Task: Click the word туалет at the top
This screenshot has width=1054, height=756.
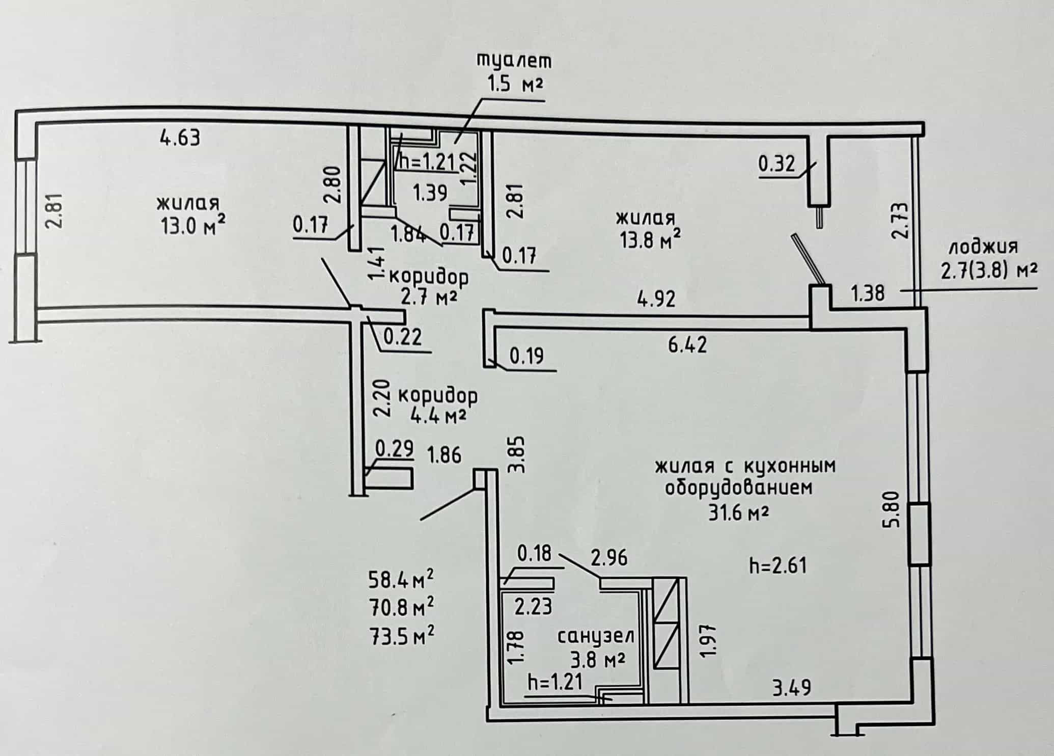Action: [x=513, y=61]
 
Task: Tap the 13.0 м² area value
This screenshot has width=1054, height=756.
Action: [x=193, y=225]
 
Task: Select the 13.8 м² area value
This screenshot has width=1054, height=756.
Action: [x=650, y=238]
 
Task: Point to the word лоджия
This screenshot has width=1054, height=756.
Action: [x=983, y=247]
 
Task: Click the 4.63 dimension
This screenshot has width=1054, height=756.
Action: [x=180, y=138]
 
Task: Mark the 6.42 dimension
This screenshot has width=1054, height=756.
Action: [x=687, y=345]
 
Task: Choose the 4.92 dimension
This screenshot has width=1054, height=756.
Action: [x=656, y=299]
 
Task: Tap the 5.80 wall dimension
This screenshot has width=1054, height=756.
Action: [x=895, y=509]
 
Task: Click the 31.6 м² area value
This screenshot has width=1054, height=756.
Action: [x=738, y=512]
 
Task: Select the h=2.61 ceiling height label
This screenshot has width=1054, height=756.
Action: [x=778, y=565]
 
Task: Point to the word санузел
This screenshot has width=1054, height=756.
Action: [x=596, y=637]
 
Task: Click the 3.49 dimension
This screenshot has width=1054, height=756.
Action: [x=792, y=689]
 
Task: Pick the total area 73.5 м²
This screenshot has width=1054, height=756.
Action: [x=401, y=636]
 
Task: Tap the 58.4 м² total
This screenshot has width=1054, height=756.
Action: [x=401, y=580]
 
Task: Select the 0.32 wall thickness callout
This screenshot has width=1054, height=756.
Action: [x=776, y=164]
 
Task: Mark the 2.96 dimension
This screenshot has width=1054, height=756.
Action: [x=609, y=558]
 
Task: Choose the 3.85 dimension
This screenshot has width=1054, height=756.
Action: [x=517, y=455]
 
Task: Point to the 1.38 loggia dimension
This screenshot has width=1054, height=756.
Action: [x=868, y=293]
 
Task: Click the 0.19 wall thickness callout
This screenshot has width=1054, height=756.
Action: [x=526, y=356]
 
